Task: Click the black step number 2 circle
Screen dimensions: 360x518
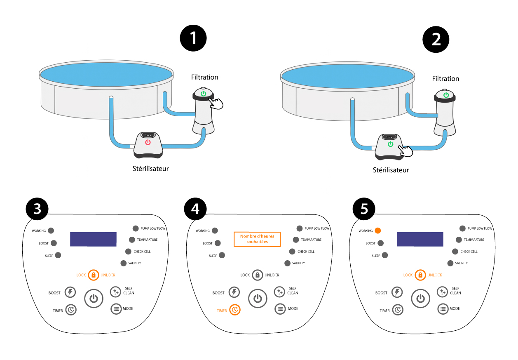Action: point(436,40)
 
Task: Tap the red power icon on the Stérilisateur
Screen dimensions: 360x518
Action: point(148,142)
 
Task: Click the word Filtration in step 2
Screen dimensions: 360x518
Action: point(445,79)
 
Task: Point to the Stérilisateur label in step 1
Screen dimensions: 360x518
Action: point(150,168)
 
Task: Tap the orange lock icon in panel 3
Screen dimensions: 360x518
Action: point(94,275)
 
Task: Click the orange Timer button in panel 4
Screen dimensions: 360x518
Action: point(234,310)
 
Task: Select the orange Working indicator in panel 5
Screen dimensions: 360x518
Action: point(378,231)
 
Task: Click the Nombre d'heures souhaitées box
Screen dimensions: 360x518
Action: point(257,239)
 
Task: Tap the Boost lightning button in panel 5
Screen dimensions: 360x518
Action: point(397,292)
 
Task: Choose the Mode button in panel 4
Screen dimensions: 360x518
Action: point(280,308)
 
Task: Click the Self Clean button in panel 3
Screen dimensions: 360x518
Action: point(115,292)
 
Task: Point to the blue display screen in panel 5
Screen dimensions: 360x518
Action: point(420,239)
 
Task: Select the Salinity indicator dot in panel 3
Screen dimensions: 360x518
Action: point(124,263)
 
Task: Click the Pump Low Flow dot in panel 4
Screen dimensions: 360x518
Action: point(299,228)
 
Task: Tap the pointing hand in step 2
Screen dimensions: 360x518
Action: point(407,151)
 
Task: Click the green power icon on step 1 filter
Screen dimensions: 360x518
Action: point(203,94)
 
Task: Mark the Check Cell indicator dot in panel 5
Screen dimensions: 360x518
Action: point(455,251)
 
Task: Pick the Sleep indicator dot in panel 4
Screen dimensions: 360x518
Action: point(222,255)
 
